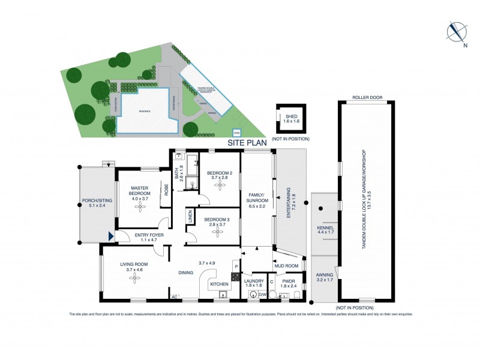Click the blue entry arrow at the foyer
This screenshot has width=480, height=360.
110,237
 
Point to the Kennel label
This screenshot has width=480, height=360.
325,231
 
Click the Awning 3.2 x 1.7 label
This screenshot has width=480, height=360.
325,278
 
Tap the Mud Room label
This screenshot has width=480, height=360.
286,266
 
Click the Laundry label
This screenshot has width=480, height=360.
253,283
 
